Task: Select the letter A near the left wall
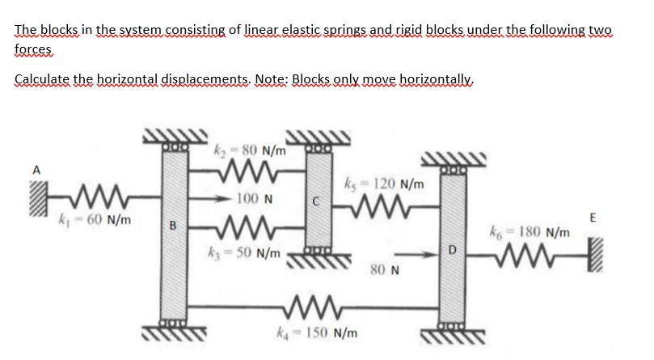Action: click(36, 170)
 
